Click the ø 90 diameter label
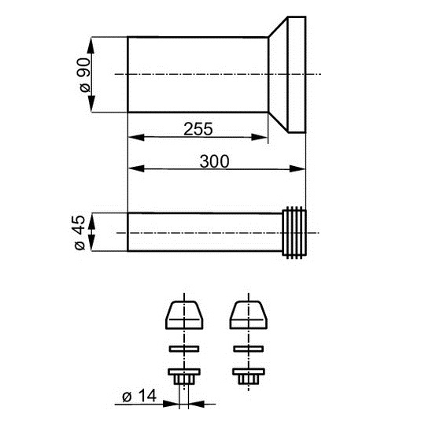click(x=85, y=75)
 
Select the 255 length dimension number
click(x=198, y=129)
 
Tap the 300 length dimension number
click(x=214, y=161)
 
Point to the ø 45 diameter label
click(x=79, y=232)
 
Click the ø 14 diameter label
click(x=139, y=396)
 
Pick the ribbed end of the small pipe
click(x=294, y=232)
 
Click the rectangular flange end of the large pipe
click(x=297, y=75)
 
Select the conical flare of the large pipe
click(x=278, y=75)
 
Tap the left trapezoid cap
click(x=184, y=315)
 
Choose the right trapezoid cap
click(x=249, y=315)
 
